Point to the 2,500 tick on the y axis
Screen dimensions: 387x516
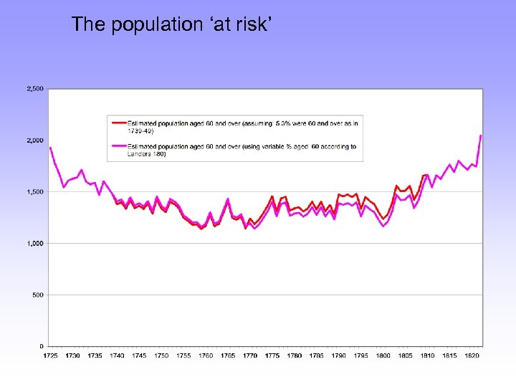coord(34,89)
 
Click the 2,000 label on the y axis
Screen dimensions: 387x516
coord(34,140)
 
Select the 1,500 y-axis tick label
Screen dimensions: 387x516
coord(34,192)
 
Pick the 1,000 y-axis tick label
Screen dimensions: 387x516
coord(34,244)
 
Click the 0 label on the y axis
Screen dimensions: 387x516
coord(42,346)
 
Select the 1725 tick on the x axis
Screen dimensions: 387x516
coord(50,355)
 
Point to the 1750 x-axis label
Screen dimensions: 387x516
coord(161,355)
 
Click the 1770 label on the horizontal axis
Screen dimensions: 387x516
coord(250,355)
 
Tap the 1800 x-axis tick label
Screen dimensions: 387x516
coord(383,355)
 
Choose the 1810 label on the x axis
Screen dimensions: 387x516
coord(428,355)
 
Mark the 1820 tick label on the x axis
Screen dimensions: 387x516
coord(472,355)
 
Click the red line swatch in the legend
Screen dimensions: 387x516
coord(118,123)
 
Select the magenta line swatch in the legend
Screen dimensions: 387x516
coord(118,147)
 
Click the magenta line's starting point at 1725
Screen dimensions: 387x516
coord(50,148)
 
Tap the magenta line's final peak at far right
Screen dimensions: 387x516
coord(480,135)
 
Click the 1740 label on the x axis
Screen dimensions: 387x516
coord(117,355)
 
